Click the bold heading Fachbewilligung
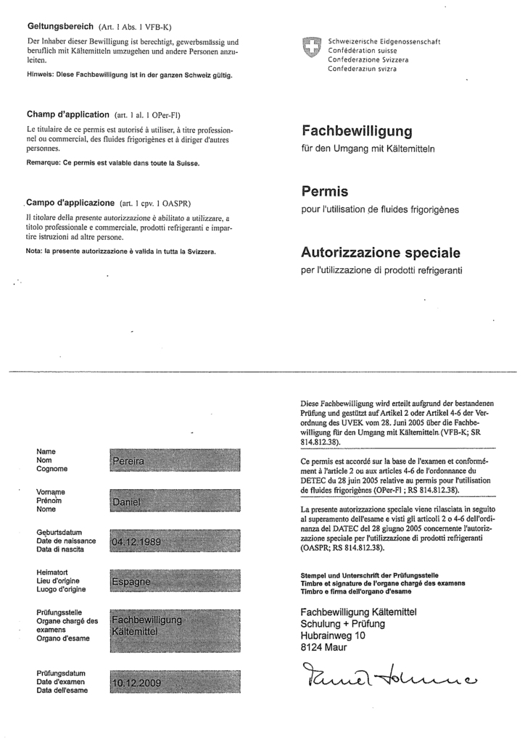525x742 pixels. [356, 131]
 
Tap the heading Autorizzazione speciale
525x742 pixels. [380, 253]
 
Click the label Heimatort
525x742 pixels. [52, 572]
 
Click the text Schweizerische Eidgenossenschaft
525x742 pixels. [384, 41]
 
